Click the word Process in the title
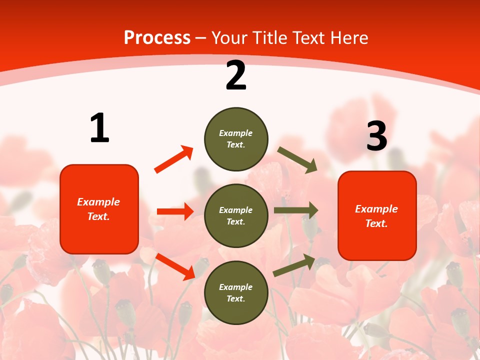(157, 38)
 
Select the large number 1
(99, 128)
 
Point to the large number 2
(236, 75)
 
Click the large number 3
(376, 136)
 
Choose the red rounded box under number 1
(99, 209)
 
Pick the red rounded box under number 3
(377, 216)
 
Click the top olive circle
(236, 139)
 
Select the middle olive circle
(236, 216)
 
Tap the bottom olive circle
(236, 293)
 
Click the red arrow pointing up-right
(173, 159)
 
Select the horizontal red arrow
(175, 211)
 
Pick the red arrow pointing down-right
(175, 266)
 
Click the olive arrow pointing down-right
(297, 160)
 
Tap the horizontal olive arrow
(295, 210)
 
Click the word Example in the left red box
(98, 202)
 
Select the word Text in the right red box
(376, 223)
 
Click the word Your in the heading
(230, 38)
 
